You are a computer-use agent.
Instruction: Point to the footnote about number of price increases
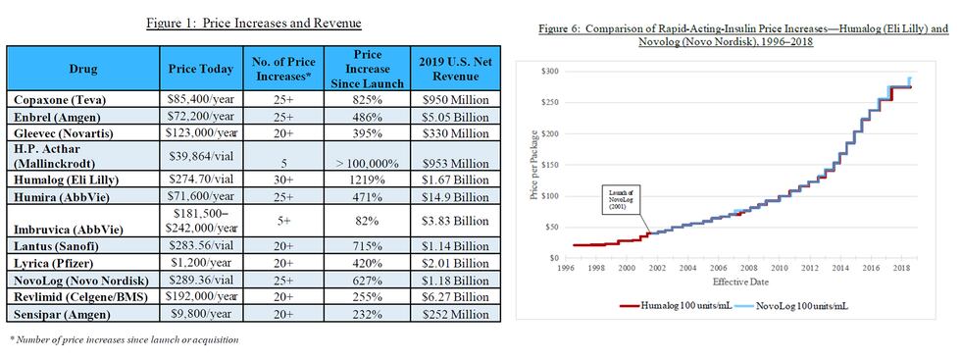point(124,339)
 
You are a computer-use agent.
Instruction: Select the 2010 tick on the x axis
point(779,267)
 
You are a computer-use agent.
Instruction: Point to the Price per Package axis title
point(531,164)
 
